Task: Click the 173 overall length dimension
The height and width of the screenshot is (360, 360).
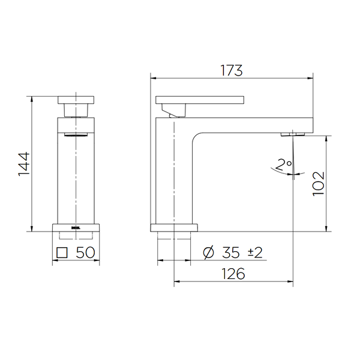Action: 230,70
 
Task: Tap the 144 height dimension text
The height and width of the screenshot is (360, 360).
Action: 24,163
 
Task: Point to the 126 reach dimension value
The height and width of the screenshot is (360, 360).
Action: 233,274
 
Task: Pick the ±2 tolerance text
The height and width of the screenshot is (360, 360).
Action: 255,253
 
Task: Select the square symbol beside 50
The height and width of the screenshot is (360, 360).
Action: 61,253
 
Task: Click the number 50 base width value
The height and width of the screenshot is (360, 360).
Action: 85,253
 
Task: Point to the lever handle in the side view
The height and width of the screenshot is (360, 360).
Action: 200,100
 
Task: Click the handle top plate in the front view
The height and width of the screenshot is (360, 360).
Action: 76,100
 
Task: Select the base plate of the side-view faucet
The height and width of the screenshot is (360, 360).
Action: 173,228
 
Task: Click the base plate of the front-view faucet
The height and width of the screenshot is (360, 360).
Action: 76,227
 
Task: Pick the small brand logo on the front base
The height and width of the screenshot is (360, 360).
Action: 76,227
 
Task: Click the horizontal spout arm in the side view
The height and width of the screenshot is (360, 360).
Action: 252,124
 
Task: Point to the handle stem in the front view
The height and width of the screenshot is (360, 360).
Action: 76,110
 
